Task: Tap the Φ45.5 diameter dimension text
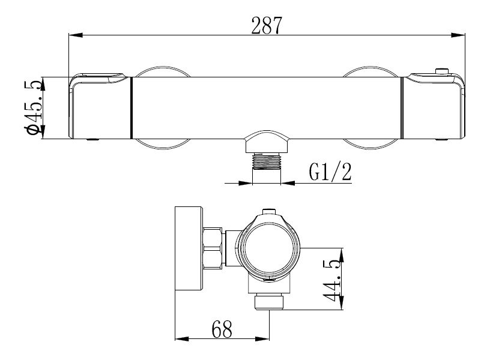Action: (x=34, y=108)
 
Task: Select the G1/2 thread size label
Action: (x=330, y=172)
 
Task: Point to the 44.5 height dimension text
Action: (x=332, y=280)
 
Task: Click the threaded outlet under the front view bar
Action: (x=267, y=162)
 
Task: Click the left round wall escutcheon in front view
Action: (x=161, y=144)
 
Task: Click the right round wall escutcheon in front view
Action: (x=370, y=144)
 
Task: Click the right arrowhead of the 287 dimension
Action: (x=460, y=35)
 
